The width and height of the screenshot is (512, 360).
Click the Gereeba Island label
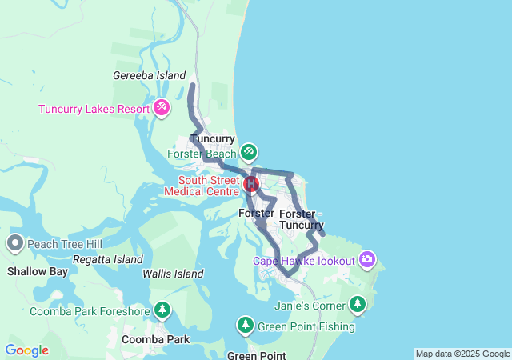click(x=150, y=75)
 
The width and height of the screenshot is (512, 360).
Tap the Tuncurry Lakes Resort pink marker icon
click(x=162, y=107)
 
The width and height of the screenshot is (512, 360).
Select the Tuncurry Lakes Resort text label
click(x=98, y=109)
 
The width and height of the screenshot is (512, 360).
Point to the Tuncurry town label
click(x=213, y=138)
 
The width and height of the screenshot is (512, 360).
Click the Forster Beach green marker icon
click(x=249, y=151)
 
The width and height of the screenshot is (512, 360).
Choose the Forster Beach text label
click(x=202, y=154)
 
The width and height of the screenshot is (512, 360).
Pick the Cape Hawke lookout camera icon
click(x=367, y=258)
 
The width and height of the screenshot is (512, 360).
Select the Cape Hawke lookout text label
click(x=304, y=261)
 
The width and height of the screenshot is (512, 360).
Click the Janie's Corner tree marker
click(x=357, y=304)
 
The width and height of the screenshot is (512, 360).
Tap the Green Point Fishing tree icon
click(x=246, y=326)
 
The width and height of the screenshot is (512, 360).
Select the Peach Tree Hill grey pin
click(x=14, y=243)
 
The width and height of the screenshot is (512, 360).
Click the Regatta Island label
click(x=107, y=260)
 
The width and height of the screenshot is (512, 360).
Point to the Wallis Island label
click(x=174, y=274)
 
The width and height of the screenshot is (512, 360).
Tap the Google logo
click(x=26, y=350)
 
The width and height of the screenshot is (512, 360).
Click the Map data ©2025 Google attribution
click(x=462, y=354)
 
